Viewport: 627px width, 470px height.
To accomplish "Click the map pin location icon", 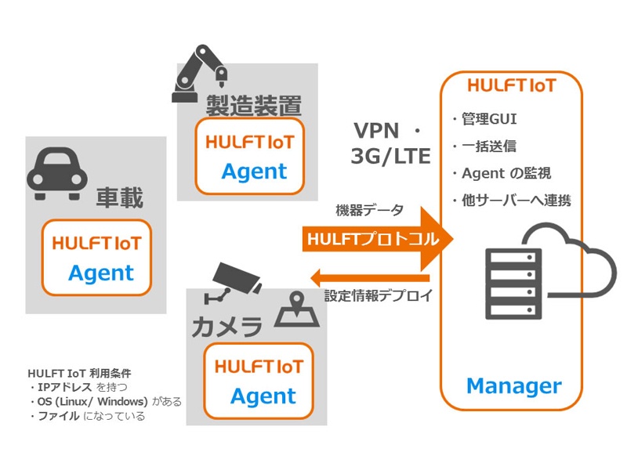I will pos(299,309).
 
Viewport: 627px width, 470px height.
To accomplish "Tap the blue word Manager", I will pos(513,385).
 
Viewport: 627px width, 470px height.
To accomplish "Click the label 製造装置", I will pos(253,105).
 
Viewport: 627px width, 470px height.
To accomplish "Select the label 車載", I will pos(120,198).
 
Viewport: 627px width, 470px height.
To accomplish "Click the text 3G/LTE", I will pos(390,156).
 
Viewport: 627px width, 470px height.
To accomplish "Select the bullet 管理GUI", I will pos(484,120).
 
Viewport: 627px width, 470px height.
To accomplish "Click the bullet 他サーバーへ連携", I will pos(510,201).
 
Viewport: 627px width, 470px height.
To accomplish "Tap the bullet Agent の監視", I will pos(500,173).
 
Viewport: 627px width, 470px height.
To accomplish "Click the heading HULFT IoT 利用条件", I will pos(79,373).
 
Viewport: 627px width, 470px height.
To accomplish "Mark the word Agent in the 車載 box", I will pos(101,273).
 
